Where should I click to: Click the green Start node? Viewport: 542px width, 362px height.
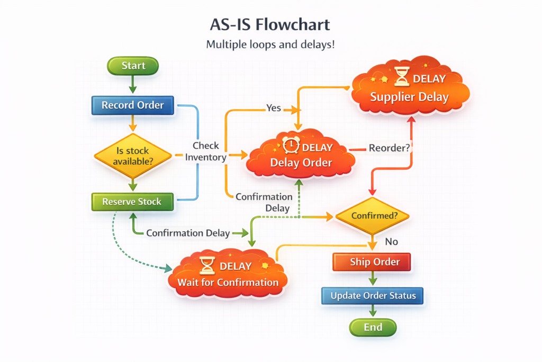[x=133, y=66]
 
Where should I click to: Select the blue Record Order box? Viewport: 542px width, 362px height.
[x=132, y=105]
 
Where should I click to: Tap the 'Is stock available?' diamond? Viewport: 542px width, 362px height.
[x=133, y=156]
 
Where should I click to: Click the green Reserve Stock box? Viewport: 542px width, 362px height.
[x=132, y=202]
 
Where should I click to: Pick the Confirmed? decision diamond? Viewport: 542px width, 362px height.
[x=373, y=216]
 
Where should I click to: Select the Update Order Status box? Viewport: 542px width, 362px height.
[x=373, y=296]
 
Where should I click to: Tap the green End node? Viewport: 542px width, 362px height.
[x=373, y=328]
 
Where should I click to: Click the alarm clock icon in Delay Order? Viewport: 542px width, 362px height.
[x=291, y=145]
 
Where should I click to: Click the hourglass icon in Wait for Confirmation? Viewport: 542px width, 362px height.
[x=207, y=265]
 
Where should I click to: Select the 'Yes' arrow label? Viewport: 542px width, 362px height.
[x=273, y=108]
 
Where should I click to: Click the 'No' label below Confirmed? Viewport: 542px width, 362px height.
[x=391, y=242]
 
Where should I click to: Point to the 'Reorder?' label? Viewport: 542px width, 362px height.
[x=389, y=148]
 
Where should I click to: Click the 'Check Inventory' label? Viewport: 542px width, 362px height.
[x=205, y=151]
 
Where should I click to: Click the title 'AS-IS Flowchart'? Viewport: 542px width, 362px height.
[x=270, y=24]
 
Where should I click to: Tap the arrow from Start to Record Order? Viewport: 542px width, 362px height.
[x=133, y=84]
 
